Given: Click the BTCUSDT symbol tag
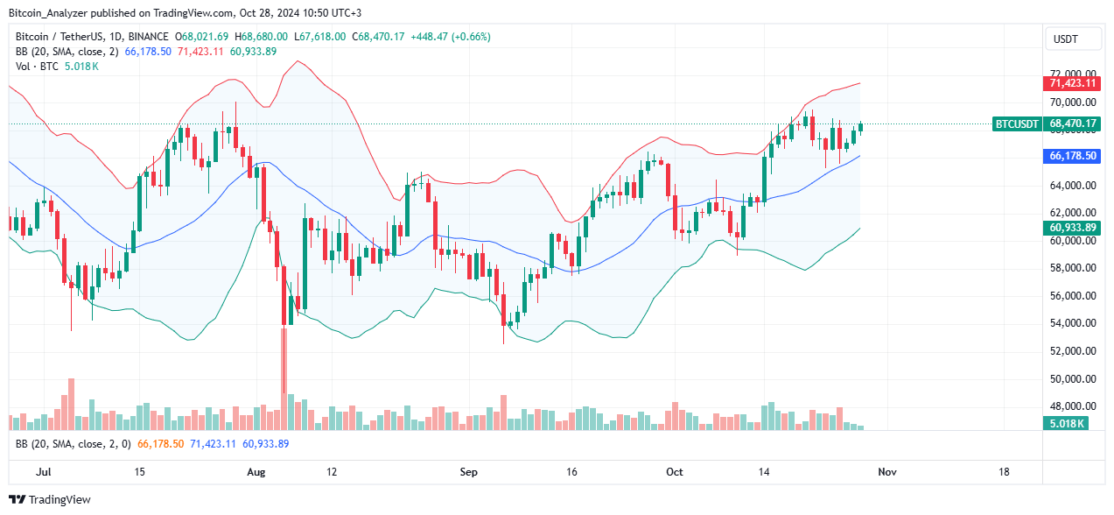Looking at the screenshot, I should [x=1017, y=124].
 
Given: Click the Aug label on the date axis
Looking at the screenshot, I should [x=256, y=472].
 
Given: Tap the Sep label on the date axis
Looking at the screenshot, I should [x=468, y=472].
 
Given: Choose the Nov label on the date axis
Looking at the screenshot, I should [x=886, y=472].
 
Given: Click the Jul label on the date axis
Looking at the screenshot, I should [x=41, y=472].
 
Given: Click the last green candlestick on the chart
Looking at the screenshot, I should [x=861, y=128].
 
